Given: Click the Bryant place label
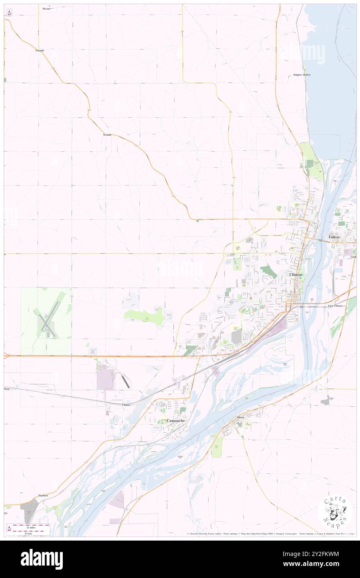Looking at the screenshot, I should (46, 8).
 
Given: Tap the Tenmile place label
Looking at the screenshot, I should (39, 50).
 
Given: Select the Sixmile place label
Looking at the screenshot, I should (107, 135).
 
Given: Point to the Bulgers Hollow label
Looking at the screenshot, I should (302, 75).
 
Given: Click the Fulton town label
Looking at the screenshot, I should (334, 237).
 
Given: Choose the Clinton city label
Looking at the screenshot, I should (296, 275).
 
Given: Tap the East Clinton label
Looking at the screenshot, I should (335, 306).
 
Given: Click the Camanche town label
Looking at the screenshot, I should (175, 420).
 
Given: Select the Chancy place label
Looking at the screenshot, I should (126, 405).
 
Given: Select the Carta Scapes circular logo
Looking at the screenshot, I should (335, 511).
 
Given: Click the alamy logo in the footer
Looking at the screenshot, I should (42, 559).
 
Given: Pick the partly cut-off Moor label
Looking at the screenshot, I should (6, 389).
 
